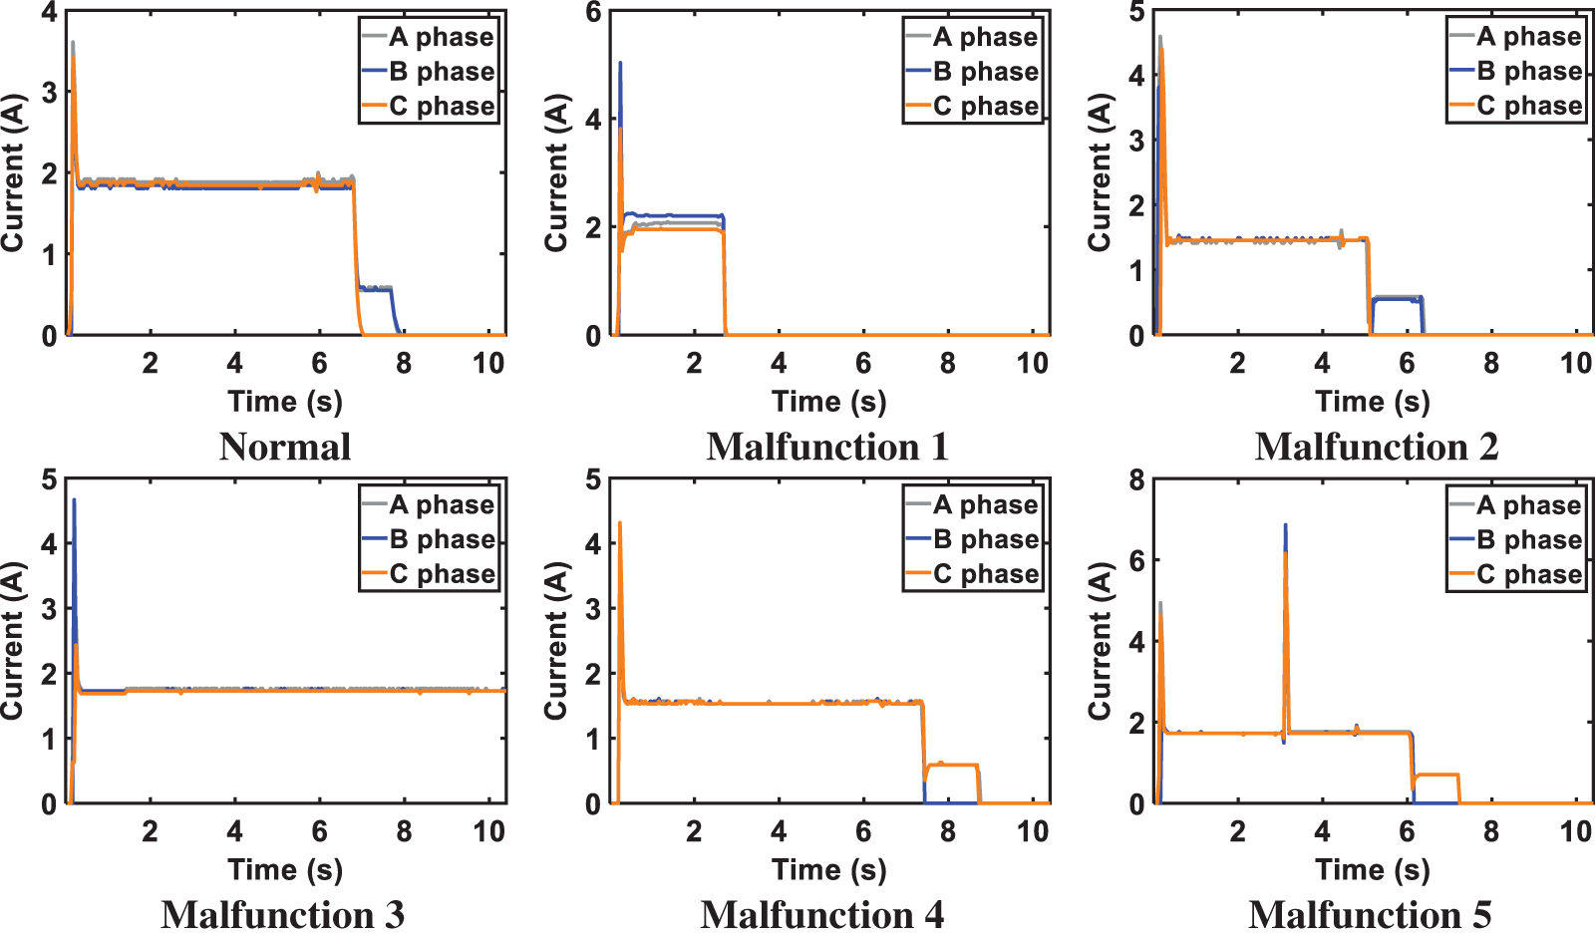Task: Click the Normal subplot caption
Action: (285, 447)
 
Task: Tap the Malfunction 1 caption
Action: (827, 447)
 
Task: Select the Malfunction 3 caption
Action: (283, 914)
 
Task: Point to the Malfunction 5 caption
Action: (1370, 914)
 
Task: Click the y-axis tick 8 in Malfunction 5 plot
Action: (1136, 481)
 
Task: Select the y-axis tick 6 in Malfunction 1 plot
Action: (593, 13)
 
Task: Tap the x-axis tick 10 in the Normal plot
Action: (488, 363)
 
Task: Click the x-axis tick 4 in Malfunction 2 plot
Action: (1322, 363)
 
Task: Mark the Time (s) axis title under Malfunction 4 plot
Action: (828, 870)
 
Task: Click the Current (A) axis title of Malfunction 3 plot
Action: (13, 640)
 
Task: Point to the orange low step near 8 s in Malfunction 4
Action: (952, 765)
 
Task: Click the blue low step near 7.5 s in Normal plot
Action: (378, 288)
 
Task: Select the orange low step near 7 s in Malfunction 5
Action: (1435, 775)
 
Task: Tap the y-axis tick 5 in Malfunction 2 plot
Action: (1136, 13)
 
